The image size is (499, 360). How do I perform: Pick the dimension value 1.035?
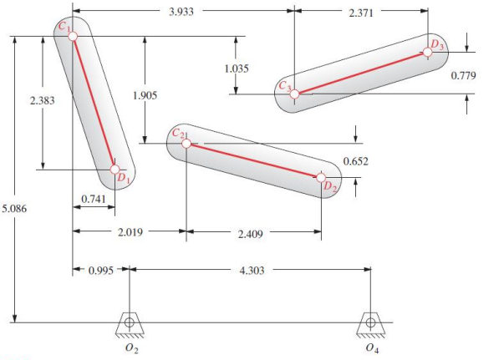239,67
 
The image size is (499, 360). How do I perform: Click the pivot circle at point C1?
73,37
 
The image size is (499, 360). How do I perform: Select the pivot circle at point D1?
115,170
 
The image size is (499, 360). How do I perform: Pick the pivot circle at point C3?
294,94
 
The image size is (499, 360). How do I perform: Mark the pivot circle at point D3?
428,51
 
